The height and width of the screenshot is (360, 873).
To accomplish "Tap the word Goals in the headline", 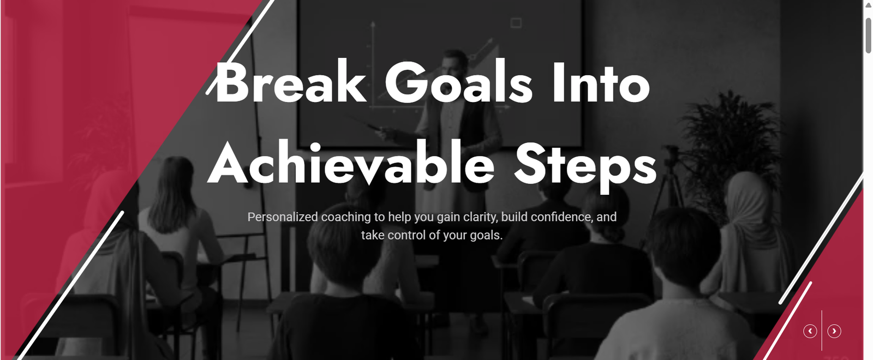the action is (459, 82).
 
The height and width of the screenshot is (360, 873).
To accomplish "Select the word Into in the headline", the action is (601, 82).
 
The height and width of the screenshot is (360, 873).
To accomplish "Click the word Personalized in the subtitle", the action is (283, 217).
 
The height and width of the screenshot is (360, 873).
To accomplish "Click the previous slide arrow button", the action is (810, 331).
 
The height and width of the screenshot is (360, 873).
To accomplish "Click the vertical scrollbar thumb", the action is (868, 35).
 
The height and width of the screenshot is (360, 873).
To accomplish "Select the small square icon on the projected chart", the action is (516, 23).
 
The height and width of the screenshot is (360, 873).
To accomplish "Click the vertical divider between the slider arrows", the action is (822, 331).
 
